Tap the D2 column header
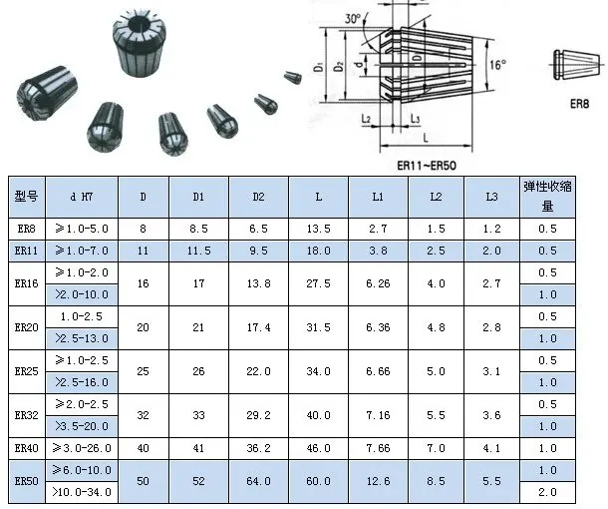pos(258,197)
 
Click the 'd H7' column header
pos(81,197)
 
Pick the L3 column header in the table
pos(491,197)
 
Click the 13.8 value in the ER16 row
pos(258,283)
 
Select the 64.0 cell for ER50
pos(258,481)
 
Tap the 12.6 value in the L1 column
pos(378,481)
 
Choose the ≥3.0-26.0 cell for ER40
pos(81,448)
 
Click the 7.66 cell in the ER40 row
pos(378,448)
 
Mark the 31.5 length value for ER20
pos(318,327)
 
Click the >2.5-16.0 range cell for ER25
pos(81,382)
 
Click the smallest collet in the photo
pos(293,75)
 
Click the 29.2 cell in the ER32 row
pos(258,415)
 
